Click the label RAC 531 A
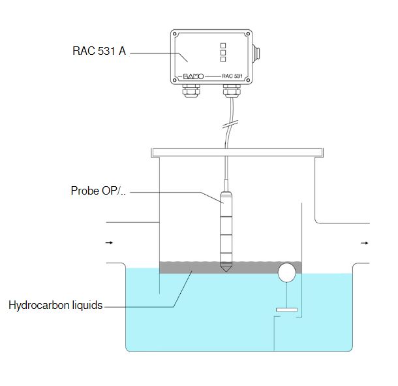pyautogui.click(x=99, y=50)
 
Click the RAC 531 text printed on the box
pyautogui.click(x=232, y=76)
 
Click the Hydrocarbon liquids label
pyautogui.click(x=55, y=305)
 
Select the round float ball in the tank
pyautogui.click(x=286, y=272)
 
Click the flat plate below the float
pyautogui.click(x=287, y=309)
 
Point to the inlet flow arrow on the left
pyautogui.click(x=109, y=243)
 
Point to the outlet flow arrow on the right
pyautogui.click(x=365, y=243)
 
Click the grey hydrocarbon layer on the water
pyautogui.click(x=196, y=266)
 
